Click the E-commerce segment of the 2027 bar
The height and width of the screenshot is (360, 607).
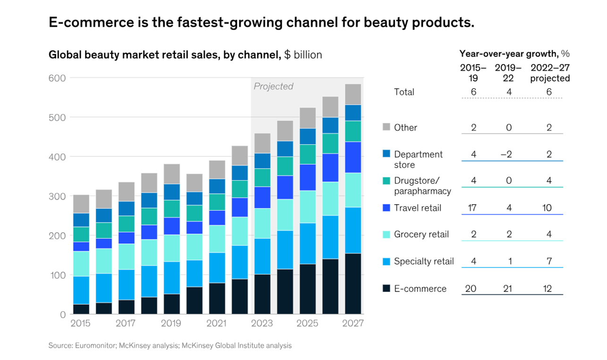353,284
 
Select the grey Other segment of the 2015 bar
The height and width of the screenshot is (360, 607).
81,204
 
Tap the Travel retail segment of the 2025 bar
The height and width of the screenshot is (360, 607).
308,177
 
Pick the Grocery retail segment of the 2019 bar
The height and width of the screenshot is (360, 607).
172,248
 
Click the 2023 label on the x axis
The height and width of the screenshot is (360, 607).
262,324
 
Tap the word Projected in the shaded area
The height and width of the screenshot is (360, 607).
273,86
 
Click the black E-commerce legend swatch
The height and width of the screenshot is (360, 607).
386,288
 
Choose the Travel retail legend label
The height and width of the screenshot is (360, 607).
417,208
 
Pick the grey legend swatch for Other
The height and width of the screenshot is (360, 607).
386,127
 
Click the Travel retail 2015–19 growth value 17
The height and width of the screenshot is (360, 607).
471,208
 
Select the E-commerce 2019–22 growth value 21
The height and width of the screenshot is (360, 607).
508,289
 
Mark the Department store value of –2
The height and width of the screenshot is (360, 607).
508,154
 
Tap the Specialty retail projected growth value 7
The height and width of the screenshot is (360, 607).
549,261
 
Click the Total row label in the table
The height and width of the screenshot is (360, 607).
404,92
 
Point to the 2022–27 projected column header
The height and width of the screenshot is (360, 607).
549,73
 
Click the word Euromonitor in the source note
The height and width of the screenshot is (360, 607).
93,346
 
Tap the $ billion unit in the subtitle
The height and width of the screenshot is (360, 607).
303,55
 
